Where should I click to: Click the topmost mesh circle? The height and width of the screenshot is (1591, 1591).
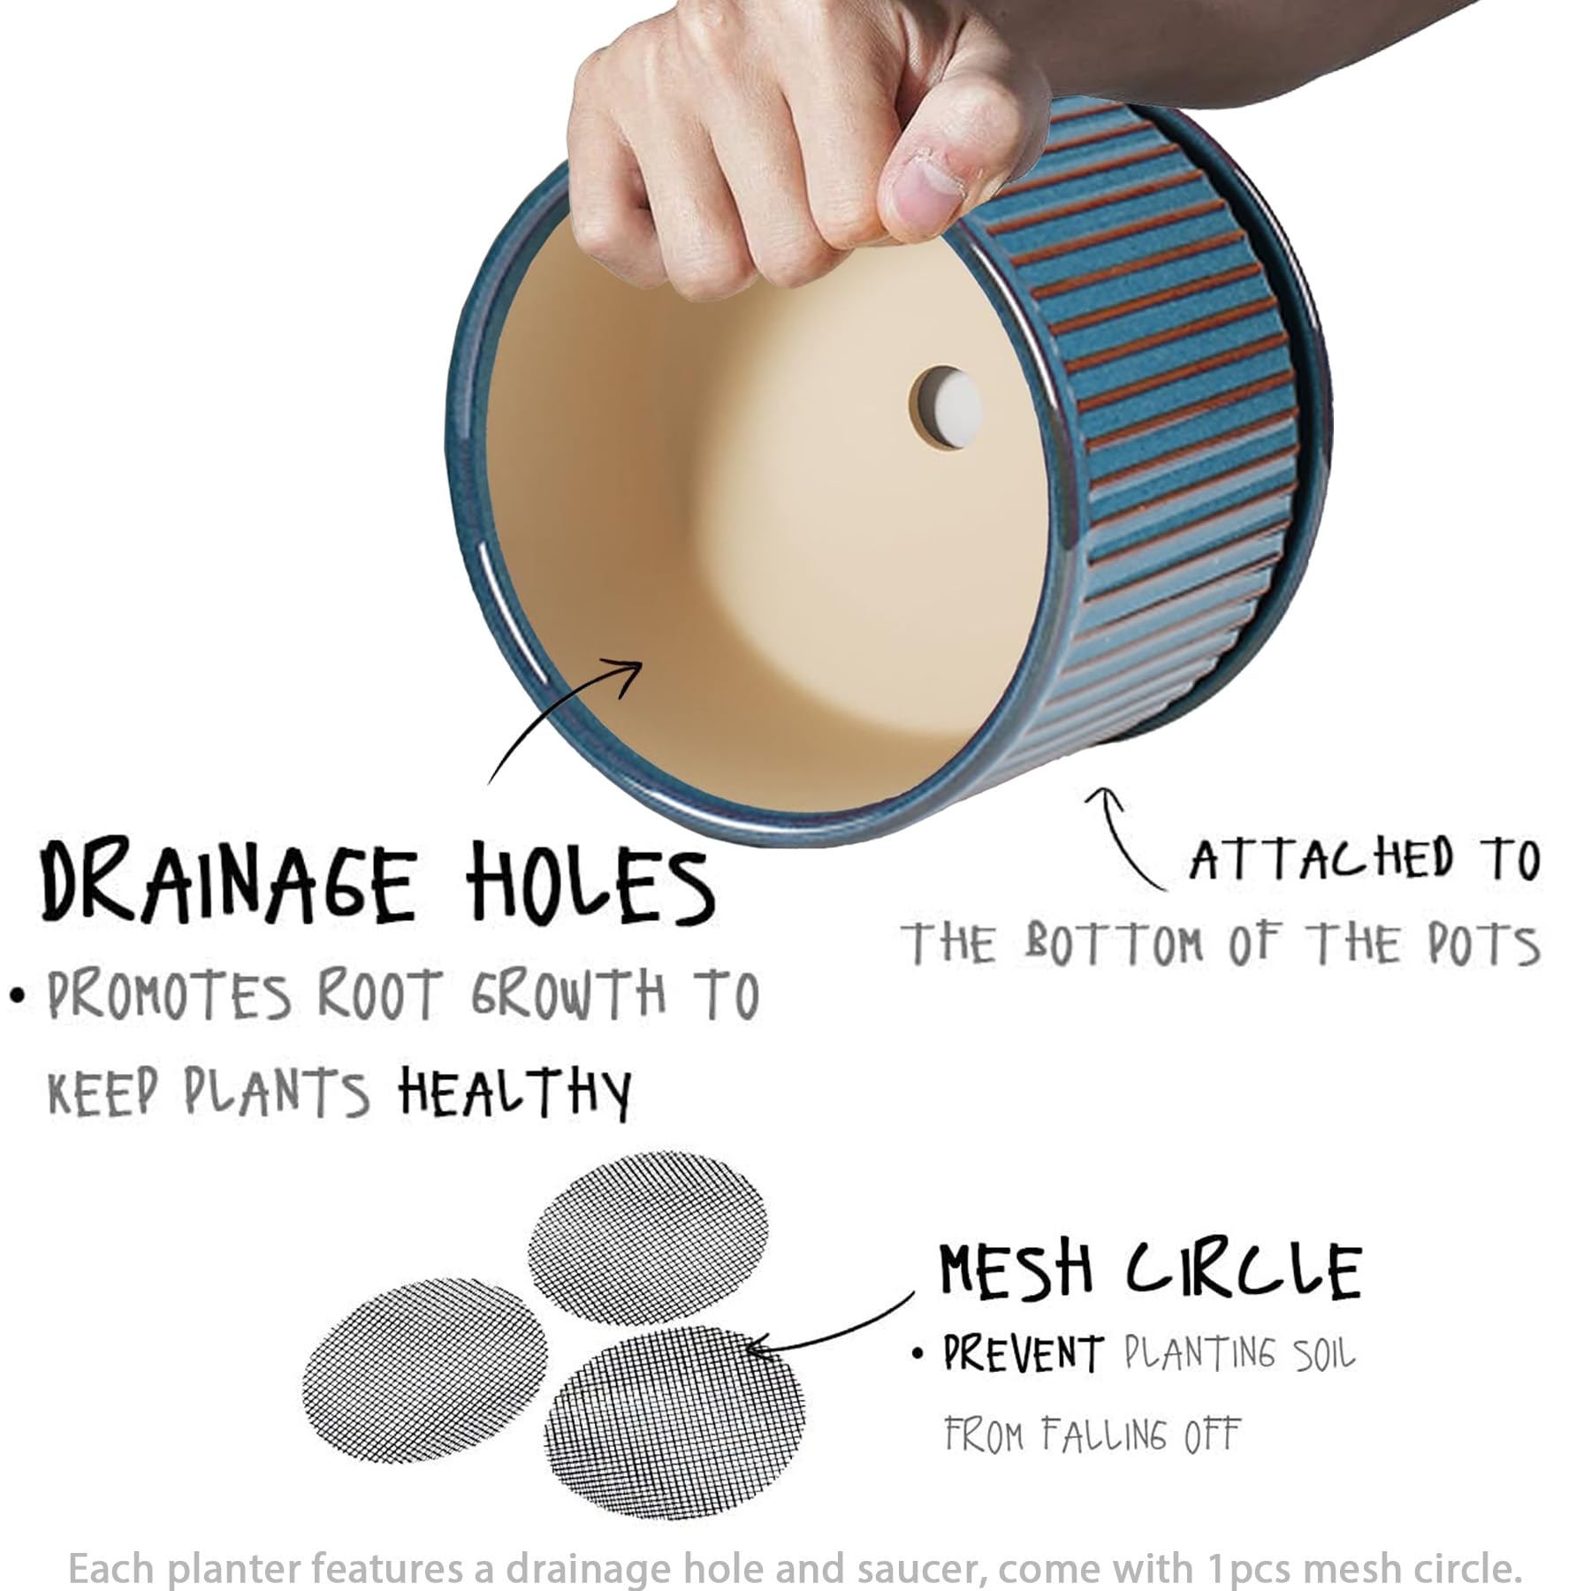click(x=648, y=1237)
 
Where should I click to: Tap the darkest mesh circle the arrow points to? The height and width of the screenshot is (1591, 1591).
click(x=675, y=1422)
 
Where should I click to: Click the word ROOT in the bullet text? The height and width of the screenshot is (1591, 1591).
click(x=378, y=995)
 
